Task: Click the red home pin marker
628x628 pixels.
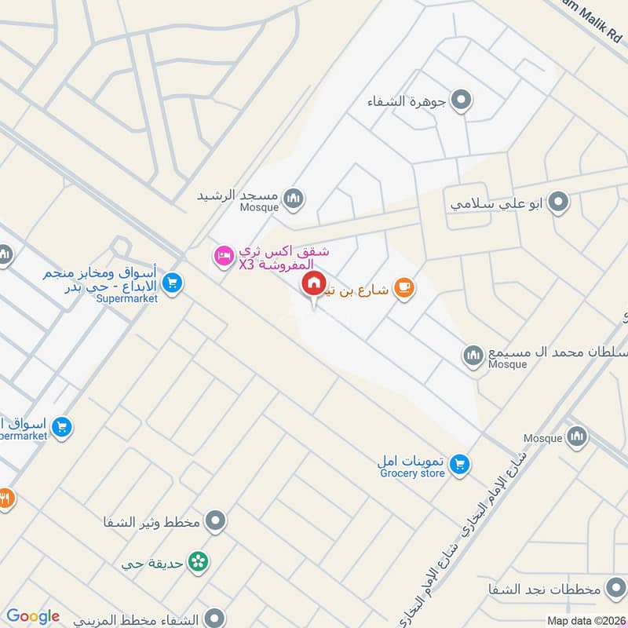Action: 313,284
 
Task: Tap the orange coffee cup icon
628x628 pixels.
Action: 404,289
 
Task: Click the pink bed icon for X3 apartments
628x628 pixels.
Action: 225,257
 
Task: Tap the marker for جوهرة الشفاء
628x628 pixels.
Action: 462,100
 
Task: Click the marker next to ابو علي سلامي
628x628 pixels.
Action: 558,203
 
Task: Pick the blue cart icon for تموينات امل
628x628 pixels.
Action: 461,465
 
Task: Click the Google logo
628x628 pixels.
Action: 33,616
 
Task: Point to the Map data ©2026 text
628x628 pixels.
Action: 586,620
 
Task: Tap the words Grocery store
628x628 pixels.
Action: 412,473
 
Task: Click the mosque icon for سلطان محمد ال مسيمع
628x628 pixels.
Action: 473,356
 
